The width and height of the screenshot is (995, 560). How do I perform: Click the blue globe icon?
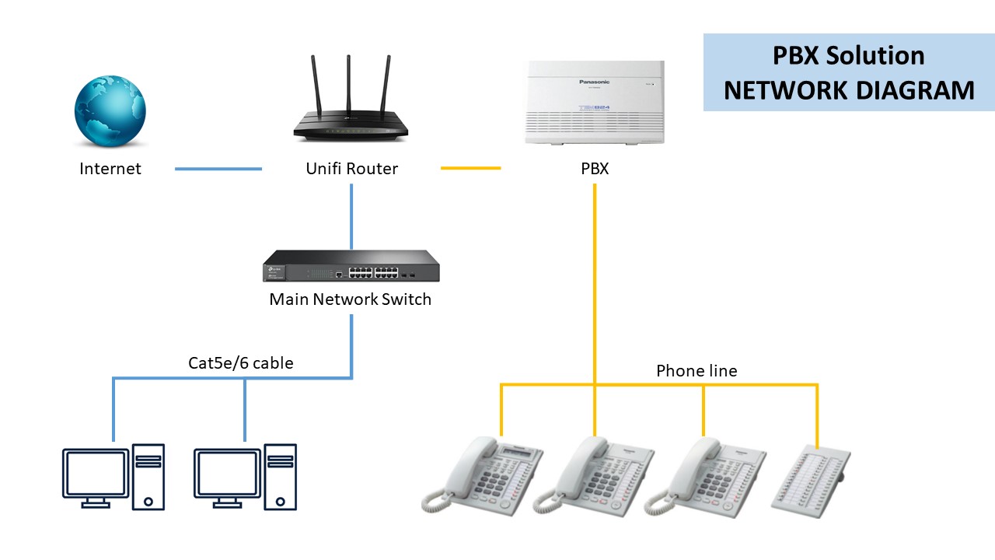[110, 111]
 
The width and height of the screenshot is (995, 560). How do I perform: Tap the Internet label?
[110, 169]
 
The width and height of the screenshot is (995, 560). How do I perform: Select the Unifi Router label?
[351, 169]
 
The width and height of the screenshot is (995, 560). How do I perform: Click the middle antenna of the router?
[348, 84]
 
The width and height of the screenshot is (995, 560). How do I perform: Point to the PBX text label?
[595, 169]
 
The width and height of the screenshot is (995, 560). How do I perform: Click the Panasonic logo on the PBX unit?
[594, 81]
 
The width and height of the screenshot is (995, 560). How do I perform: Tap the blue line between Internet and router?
[218, 169]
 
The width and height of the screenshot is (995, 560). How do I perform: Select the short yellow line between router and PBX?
[470, 168]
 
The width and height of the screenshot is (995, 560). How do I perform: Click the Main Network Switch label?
[350, 299]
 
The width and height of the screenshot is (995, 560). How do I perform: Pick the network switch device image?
[351, 266]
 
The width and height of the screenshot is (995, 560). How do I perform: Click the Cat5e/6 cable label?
[241, 362]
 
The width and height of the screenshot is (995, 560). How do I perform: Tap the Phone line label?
[696, 371]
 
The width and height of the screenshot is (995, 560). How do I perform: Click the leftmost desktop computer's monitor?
[96, 474]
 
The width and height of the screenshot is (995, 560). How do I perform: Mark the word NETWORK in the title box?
[785, 90]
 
